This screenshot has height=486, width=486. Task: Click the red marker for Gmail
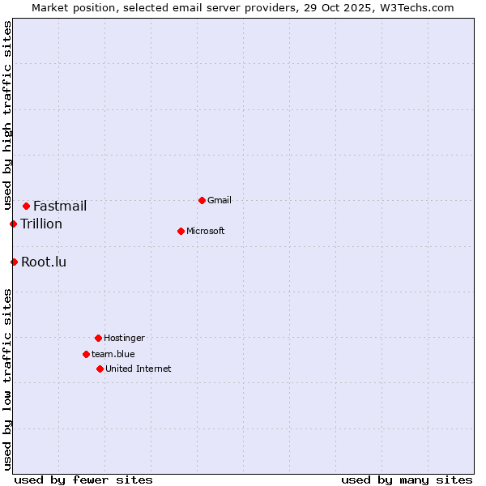(202, 200)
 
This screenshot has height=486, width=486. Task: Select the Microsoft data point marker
(181, 231)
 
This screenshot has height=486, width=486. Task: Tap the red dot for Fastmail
(26, 206)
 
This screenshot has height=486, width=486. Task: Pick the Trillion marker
(14, 224)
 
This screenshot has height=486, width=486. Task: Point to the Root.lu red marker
(14, 262)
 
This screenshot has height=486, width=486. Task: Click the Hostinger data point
(98, 338)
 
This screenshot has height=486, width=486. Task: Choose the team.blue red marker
(86, 354)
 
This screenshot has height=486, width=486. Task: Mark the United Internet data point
(100, 369)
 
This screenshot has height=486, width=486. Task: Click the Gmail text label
(219, 200)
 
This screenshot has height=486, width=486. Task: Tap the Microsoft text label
(205, 231)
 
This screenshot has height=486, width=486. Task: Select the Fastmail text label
(60, 206)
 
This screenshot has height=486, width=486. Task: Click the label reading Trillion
(41, 224)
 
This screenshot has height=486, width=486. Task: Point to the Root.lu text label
(44, 262)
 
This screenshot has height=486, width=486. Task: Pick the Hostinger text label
(124, 338)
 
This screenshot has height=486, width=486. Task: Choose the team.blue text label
(113, 354)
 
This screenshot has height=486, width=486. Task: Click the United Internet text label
(138, 369)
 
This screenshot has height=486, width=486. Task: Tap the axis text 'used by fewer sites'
(83, 480)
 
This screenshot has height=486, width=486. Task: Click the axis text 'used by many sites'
(407, 480)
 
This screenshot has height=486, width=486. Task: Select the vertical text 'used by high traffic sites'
(7, 116)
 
